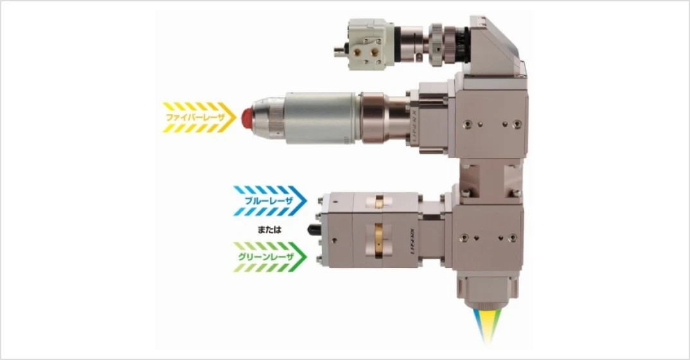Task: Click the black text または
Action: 269,230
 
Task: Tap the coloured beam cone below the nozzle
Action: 487,325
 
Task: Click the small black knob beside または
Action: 314,230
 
